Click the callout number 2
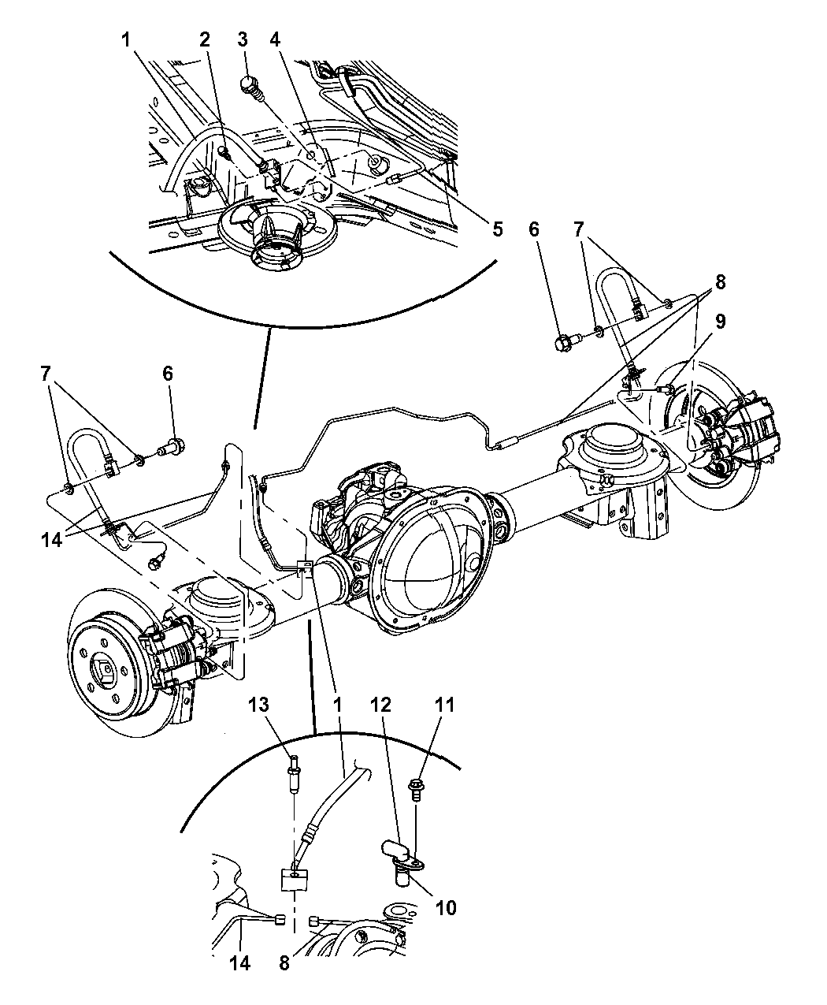[205, 39]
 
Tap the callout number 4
[274, 39]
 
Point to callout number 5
[497, 229]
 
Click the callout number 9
[721, 321]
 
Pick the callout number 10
[446, 908]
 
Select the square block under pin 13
[294, 879]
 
